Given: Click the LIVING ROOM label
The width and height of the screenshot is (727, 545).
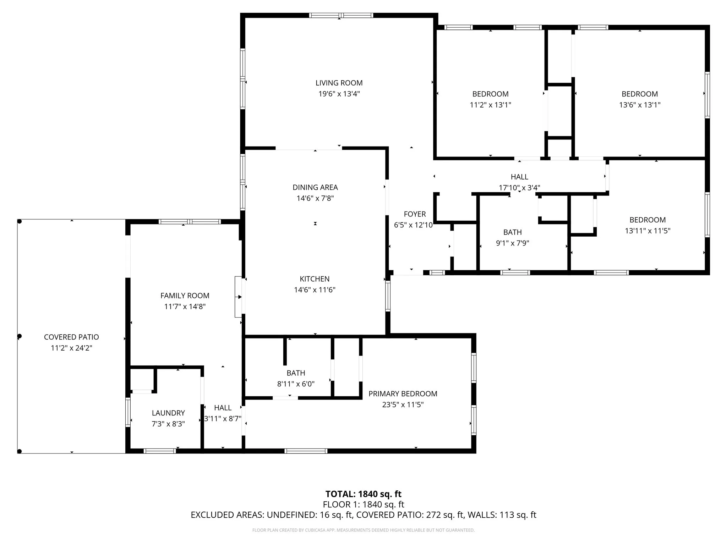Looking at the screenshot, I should pyautogui.click(x=339, y=83).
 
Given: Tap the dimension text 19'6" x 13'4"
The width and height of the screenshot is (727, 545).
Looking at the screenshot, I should pyautogui.click(x=339, y=94).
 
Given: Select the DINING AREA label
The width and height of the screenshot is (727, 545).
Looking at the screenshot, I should pyautogui.click(x=315, y=187).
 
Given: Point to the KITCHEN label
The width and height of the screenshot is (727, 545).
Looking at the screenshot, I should pyautogui.click(x=315, y=279).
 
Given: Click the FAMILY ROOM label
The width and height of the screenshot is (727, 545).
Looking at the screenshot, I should pyautogui.click(x=185, y=296).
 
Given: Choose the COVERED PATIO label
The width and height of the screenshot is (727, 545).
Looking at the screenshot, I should pyautogui.click(x=71, y=337).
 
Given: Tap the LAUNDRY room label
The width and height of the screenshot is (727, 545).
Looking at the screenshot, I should pyautogui.click(x=168, y=413).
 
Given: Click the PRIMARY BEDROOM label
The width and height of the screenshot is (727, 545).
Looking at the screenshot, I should pyautogui.click(x=403, y=394).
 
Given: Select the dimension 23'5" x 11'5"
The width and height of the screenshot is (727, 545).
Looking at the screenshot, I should pyautogui.click(x=403, y=405).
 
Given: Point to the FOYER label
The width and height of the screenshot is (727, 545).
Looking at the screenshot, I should pyautogui.click(x=415, y=214).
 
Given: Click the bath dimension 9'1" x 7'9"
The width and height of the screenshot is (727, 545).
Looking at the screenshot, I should pyautogui.click(x=512, y=243).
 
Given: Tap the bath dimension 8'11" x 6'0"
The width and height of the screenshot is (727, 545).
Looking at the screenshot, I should pyautogui.click(x=296, y=384).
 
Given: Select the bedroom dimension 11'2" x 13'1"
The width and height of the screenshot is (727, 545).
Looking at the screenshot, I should pyautogui.click(x=490, y=105).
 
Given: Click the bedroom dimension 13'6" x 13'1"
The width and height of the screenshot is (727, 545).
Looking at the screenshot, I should pyautogui.click(x=640, y=105).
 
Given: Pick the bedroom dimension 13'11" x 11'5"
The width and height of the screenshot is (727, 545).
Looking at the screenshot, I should pyautogui.click(x=647, y=231).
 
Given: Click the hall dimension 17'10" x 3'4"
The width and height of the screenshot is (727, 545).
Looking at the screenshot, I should pyautogui.click(x=519, y=188).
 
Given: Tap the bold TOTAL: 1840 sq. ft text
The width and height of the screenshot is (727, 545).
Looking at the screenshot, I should pyautogui.click(x=363, y=494).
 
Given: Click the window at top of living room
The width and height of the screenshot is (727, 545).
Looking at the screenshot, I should pyautogui.click(x=341, y=15).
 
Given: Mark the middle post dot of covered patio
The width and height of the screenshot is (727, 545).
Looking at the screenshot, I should pyautogui.click(x=20, y=336).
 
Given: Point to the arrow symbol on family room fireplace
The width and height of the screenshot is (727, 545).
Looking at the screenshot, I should pyautogui.click(x=240, y=297).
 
